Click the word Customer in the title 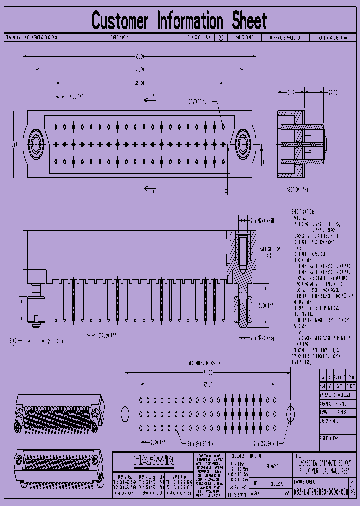[x=120, y=21]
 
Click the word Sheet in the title [x=249, y=21]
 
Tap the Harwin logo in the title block [x=154, y=460]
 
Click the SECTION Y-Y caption [x=298, y=190]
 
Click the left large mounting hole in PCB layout [x=125, y=413]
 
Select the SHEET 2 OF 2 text [x=119, y=37]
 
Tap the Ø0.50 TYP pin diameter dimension [x=106, y=335]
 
